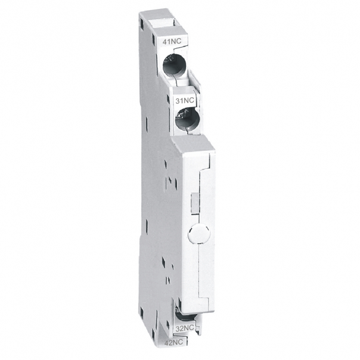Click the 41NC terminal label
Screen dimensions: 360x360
(172, 42)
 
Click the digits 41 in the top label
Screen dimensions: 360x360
(167, 42)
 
